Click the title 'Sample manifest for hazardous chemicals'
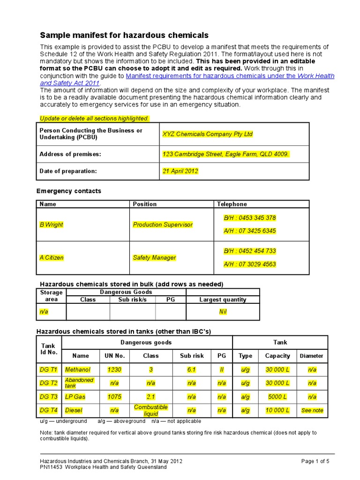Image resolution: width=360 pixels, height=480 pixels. [x=124, y=35]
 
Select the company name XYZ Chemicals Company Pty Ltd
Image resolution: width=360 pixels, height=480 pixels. [x=207, y=134]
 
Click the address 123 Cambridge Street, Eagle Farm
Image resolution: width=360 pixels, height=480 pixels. [x=225, y=154]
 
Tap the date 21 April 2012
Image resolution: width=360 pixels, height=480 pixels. [x=180, y=171]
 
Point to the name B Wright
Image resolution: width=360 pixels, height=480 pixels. [x=51, y=225]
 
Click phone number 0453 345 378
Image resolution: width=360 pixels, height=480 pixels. [x=250, y=218]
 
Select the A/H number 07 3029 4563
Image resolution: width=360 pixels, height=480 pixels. [x=250, y=264]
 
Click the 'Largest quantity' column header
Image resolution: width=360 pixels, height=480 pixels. [x=223, y=300]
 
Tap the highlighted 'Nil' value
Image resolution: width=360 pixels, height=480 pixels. [x=223, y=312]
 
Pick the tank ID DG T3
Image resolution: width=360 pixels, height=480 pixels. [x=49, y=397]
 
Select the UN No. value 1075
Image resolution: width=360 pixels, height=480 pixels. [x=114, y=397]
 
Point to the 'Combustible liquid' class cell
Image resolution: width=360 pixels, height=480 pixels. [x=150, y=410]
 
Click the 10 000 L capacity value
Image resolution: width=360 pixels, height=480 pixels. [x=277, y=410]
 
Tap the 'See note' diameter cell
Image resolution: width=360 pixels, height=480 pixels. [x=312, y=410]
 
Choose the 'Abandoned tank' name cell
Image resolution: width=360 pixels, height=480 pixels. [x=79, y=383]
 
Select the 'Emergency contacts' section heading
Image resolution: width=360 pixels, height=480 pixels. [x=69, y=191]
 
